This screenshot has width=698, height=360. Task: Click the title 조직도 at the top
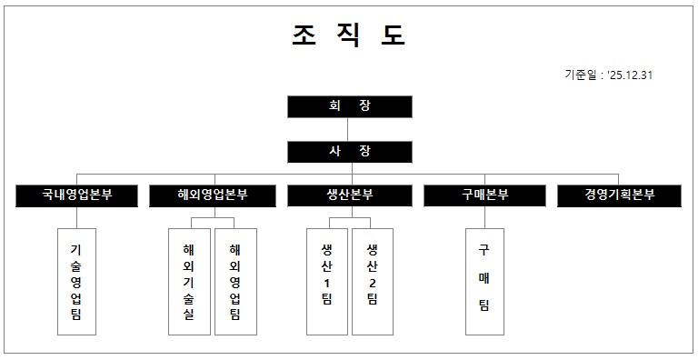pyautogui.click(x=349, y=35)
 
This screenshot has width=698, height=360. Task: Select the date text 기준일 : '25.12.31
pyautogui.click(x=608, y=75)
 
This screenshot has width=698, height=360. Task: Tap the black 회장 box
pyautogui.click(x=349, y=106)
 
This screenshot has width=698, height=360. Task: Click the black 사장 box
pyautogui.click(x=349, y=151)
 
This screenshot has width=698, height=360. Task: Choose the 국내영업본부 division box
pyautogui.click(x=76, y=195)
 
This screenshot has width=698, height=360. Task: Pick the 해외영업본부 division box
pyautogui.click(x=213, y=195)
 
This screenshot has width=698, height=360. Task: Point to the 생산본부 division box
pyautogui.click(x=349, y=195)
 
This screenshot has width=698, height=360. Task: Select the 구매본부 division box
pyautogui.click(x=484, y=195)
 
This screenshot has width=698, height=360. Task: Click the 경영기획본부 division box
pyautogui.click(x=619, y=195)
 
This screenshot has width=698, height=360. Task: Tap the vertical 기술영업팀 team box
pyautogui.click(x=76, y=281)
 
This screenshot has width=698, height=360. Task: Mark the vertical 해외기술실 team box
pyautogui.click(x=189, y=281)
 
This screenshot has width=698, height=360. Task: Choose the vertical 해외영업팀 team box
pyautogui.click(x=235, y=281)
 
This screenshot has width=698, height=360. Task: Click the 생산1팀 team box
pyautogui.click(x=327, y=281)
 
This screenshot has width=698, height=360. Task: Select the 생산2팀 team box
pyautogui.click(x=372, y=281)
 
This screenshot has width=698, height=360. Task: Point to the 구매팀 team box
pyautogui.click(x=484, y=281)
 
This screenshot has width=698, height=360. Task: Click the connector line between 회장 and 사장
pyautogui.click(x=349, y=129)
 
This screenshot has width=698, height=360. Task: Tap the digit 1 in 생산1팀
pyautogui.click(x=327, y=283)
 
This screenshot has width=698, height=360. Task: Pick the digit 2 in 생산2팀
pyautogui.click(x=372, y=283)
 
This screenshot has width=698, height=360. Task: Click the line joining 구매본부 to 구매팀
pyautogui.click(x=484, y=217)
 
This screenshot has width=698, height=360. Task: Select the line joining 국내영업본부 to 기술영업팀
pyautogui.click(x=76, y=217)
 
